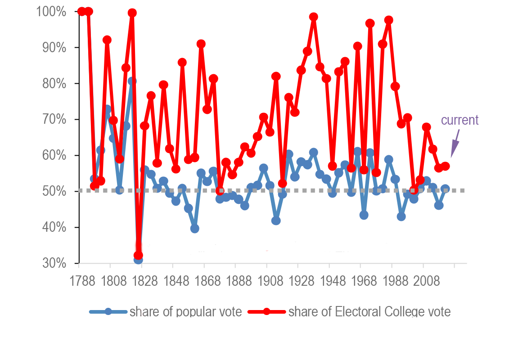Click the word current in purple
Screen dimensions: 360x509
point(459,120)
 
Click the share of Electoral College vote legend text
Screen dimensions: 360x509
point(369,311)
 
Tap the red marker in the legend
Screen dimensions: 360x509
point(266,311)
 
